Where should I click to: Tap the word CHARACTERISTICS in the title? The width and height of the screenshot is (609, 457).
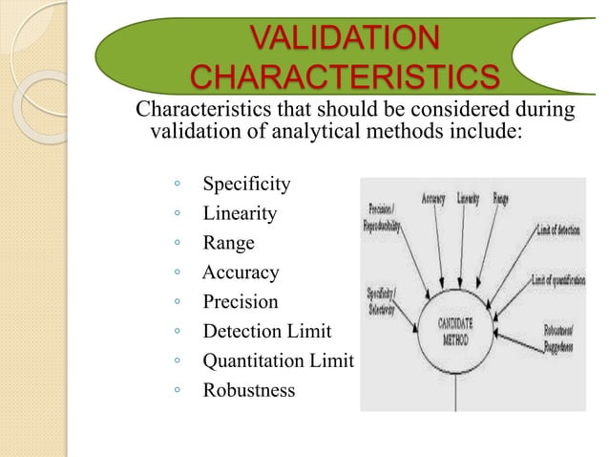click(345, 77)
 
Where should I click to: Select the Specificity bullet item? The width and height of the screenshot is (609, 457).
click(246, 184)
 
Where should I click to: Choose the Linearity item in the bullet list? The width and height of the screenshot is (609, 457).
click(240, 213)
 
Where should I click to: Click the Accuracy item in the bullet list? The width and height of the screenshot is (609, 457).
click(241, 272)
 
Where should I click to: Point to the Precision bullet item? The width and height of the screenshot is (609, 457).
click(241, 302)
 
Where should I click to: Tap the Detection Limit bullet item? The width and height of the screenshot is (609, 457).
click(266, 332)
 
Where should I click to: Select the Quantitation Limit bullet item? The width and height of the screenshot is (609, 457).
click(278, 361)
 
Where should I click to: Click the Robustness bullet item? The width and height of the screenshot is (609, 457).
click(248, 391)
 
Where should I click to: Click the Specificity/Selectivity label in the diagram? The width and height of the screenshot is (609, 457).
click(384, 300)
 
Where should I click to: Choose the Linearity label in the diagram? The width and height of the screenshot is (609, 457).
click(469, 200)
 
